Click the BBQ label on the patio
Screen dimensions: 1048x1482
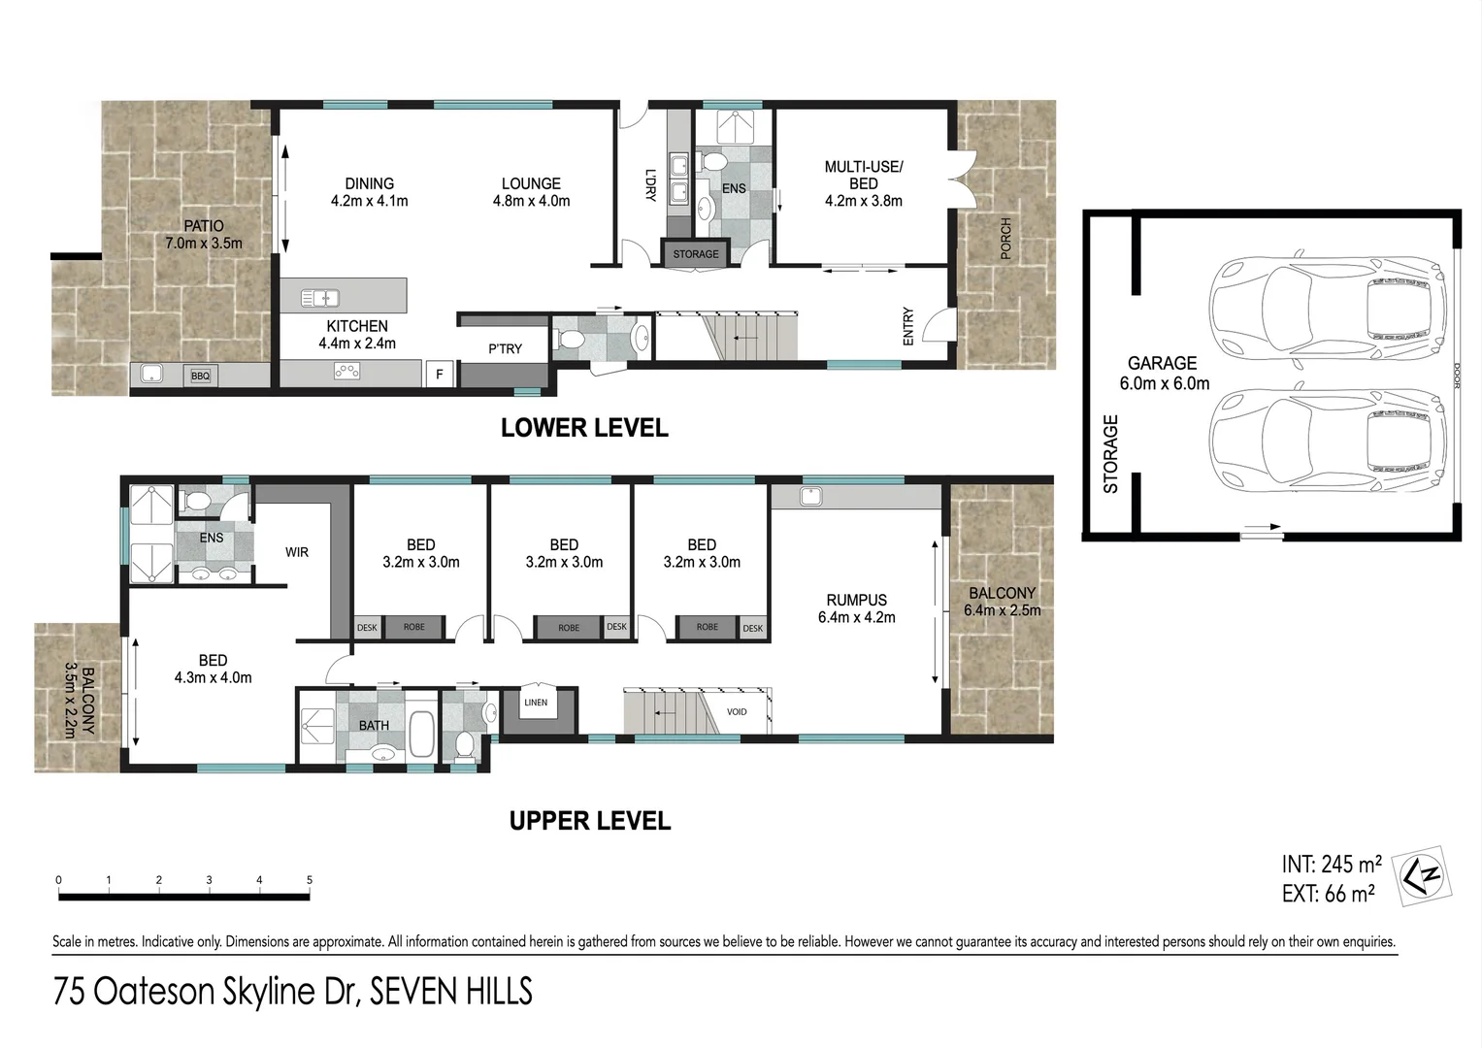[x=200, y=376]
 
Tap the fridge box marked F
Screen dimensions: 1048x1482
[x=440, y=374]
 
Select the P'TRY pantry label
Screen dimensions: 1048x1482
[x=505, y=348]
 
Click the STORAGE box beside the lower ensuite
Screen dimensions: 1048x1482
[x=696, y=254]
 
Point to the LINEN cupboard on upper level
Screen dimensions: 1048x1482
[x=536, y=703]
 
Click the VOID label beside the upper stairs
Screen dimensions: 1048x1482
[x=737, y=711]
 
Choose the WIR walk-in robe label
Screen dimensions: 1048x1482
[x=297, y=552]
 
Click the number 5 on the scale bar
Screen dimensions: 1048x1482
[x=310, y=880]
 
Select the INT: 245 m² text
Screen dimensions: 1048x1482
[x=1331, y=864]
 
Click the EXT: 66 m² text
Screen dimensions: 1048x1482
[x=1328, y=894]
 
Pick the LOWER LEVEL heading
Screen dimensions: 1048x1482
[x=584, y=428]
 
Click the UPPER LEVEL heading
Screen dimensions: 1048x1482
[x=590, y=821]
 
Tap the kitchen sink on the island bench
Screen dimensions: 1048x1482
[x=318, y=298]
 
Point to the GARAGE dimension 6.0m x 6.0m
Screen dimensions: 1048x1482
[x=1164, y=383]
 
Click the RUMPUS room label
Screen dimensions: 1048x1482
[x=856, y=600]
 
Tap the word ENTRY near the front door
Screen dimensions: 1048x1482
[x=908, y=326]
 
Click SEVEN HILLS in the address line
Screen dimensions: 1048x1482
[x=452, y=992]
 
